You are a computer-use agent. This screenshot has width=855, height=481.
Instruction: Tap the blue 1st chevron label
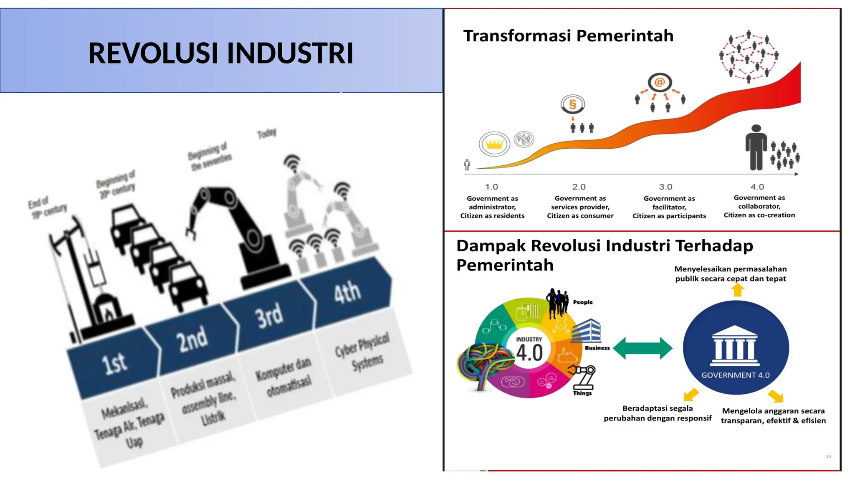(114, 362)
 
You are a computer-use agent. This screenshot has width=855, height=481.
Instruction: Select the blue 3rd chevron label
(270, 316)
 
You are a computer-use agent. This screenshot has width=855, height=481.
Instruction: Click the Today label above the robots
(267, 133)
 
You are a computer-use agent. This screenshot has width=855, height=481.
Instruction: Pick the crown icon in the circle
(494, 144)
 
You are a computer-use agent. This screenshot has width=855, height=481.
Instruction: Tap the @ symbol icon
(660, 82)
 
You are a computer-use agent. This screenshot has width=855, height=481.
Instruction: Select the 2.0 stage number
(579, 187)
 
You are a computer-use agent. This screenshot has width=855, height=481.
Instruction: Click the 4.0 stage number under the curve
(757, 187)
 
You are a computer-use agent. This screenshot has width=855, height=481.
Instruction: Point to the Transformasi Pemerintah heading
(568, 36)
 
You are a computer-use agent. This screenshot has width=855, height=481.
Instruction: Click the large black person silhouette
(756, 147)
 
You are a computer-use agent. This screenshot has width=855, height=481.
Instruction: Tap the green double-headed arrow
(643, 348)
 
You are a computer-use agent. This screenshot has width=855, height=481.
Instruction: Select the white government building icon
(735, 345)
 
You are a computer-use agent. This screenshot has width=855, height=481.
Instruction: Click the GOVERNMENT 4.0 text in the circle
(735, 375)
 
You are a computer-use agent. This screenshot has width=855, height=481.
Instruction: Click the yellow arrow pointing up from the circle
(738, 290)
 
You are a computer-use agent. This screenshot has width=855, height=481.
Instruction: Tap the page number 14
(828, 456)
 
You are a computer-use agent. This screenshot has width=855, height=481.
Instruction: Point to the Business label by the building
(597, 348)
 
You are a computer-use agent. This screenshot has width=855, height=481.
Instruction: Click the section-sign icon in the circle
(573, 104)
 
